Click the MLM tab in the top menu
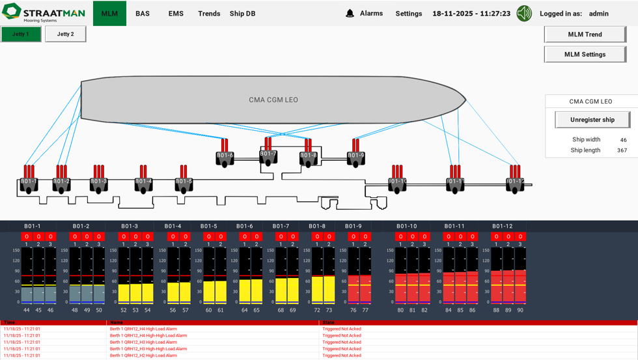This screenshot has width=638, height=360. (x=109, y=14)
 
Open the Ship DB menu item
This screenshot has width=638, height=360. (x=242, y=14)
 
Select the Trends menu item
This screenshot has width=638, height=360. (x=209, y=14)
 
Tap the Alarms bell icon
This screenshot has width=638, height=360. (x=350, y=13)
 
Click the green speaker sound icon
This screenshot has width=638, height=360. (x=524, y=13)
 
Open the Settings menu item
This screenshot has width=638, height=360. (x=409, y=14)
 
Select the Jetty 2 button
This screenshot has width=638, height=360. (x=65, y=34)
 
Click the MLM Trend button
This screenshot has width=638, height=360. (x=585, y=35)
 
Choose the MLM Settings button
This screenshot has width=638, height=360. (x=585, y=55)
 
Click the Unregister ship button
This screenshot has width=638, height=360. (x=592, y=120)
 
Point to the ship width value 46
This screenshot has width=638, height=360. (x=623, y=140)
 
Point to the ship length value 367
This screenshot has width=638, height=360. (x=622, y=150)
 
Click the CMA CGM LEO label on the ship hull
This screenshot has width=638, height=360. (x=273, y=100)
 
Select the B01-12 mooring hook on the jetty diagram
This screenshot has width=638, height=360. (x=515, y=182)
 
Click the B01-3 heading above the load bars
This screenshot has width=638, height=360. (x=130, y=227)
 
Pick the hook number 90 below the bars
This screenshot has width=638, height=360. (x=520, y=310)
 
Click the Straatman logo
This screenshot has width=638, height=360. (x=44, y=12)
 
